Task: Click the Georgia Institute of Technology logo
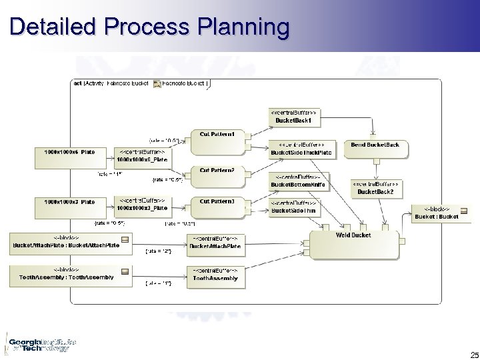tap(39, 343)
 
